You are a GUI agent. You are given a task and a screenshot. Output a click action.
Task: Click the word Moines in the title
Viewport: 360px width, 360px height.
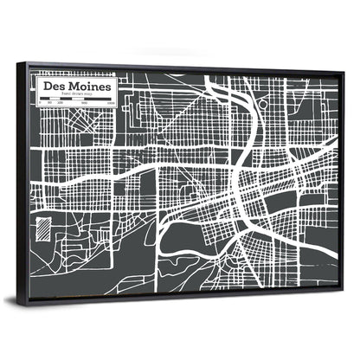tap(86, 87)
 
